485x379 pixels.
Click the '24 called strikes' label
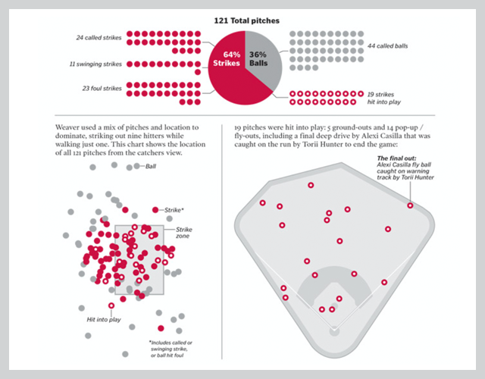[x=99, y=36]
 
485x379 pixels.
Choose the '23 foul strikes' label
[x=101, y=89]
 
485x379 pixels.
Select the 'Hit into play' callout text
[x=105, y=320]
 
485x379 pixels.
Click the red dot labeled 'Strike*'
[x=155, y=209]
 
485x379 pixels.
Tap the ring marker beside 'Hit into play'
[x=112, y=305]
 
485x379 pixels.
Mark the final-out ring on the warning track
[x=410, y=205]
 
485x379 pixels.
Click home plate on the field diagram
[x=333, y=330]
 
